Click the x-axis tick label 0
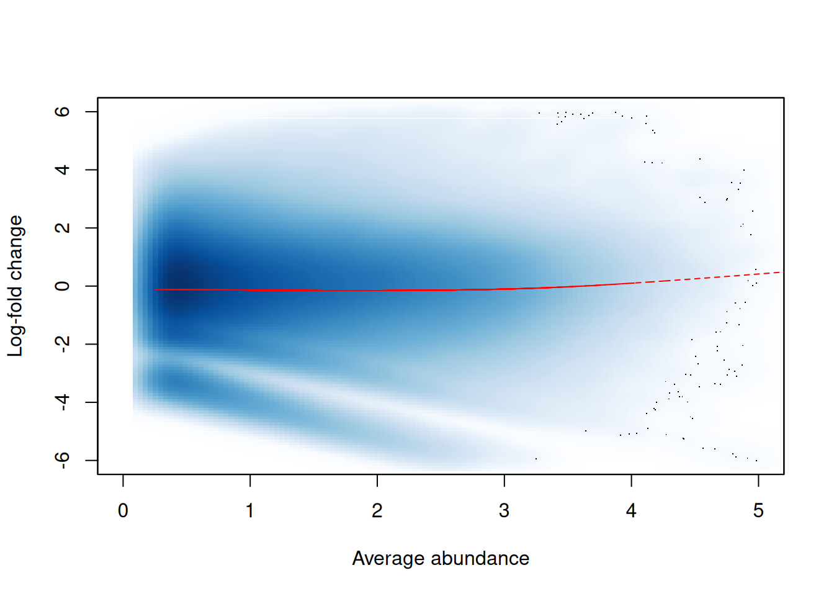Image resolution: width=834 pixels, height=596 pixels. (x=123, y=511)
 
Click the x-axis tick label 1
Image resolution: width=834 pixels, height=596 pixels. (x=250, y=511)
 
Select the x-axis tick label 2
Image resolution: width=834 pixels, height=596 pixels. (x=377, y=511)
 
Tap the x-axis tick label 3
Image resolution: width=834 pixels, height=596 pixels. (x=504, y=511)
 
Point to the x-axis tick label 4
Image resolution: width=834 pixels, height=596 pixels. (x=631, y=511)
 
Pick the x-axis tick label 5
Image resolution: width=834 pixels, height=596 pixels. (x=758, y=511)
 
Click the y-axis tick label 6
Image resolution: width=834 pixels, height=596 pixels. (x=62, y=112)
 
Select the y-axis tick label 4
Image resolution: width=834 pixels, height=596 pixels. (x=62, y=169)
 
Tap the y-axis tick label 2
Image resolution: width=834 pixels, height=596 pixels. (x=62, y=228)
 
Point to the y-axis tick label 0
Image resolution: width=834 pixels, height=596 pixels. (x=62, y=286)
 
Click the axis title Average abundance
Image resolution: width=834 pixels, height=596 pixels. (x=441, y=559)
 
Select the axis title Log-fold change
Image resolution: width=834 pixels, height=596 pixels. (x=15, y=286)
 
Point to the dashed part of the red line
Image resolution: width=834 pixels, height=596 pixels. (x=714, y=277)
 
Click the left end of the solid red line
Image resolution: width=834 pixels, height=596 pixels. (x=156, y=289)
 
